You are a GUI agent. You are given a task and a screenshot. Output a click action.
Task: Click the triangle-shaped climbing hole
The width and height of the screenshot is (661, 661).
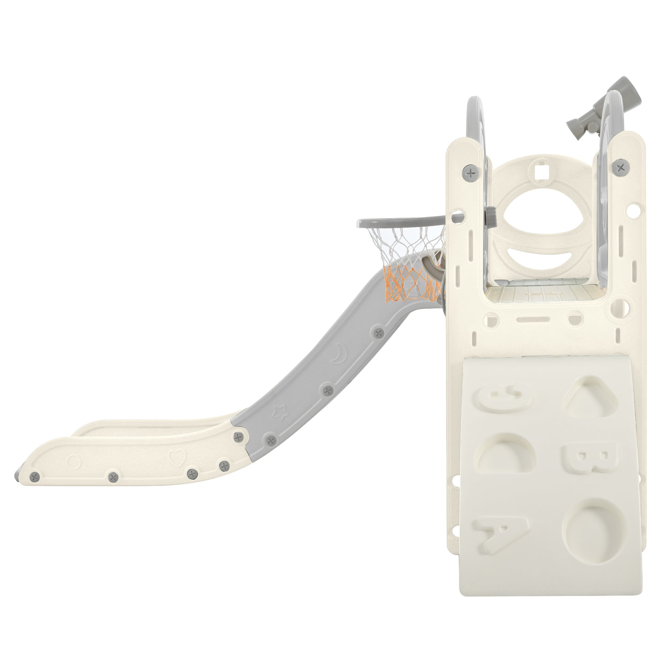pyautogui.click(x=588, y=397)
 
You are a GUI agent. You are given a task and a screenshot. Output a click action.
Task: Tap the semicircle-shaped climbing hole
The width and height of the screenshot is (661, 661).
pyautogui.click(x=505, y=455)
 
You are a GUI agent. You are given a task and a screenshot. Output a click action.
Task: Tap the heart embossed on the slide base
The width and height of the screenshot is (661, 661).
pyautogui.click(x=177, y=456)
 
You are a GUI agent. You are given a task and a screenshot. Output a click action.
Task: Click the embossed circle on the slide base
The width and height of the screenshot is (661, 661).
pyautogui.click(x=74, y=461)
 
